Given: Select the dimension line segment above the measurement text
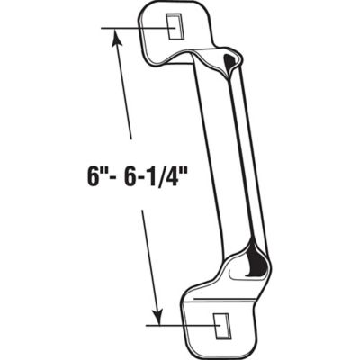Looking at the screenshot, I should [x=126, y=99].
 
